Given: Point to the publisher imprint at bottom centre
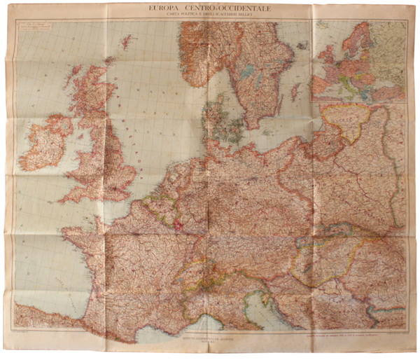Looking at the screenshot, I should [x=210, y=338].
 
